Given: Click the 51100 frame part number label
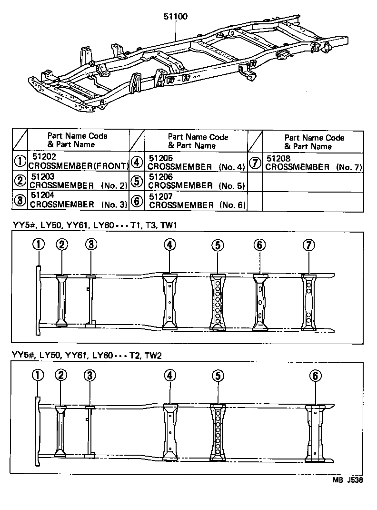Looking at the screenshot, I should click(176, 17).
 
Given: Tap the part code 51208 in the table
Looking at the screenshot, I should click(280, 158).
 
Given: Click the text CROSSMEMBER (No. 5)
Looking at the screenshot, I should click(196, 185).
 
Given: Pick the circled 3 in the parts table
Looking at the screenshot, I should click(20, 200).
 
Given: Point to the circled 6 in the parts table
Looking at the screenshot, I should click(137, 201).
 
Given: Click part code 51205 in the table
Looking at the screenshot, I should click(161, 158).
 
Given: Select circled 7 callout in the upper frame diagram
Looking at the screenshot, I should click(309, 245).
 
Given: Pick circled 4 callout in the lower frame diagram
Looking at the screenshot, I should click(170, 376).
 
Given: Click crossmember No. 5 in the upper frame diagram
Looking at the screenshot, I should click(217, 302).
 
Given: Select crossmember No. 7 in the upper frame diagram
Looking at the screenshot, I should click(309, 302).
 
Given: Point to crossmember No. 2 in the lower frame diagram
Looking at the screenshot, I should click(60, 432).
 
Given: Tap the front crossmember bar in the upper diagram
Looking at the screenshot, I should click(38, 300).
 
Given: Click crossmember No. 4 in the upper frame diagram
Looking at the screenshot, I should click(170, 302).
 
